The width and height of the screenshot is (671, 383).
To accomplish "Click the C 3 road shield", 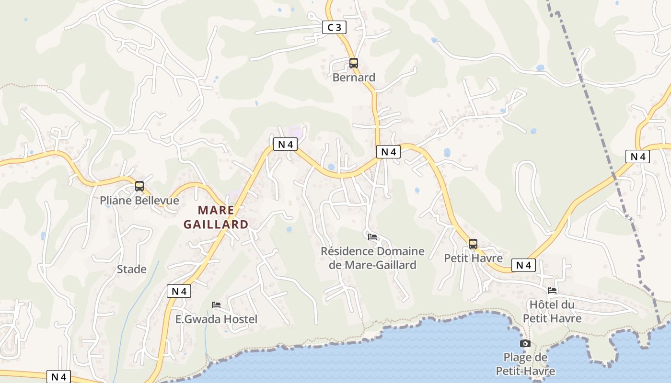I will coord(334,28).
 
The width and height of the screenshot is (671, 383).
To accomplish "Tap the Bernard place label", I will coord(354,77).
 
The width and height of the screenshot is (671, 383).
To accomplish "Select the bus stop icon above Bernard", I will coord(354,63).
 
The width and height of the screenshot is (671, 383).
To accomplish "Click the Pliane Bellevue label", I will coord(139,200).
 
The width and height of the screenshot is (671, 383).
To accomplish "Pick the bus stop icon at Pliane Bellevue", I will coord(139,186).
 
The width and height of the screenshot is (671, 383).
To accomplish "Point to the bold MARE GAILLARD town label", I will coord(216,217).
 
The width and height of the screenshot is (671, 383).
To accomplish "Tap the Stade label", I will coord(132,269).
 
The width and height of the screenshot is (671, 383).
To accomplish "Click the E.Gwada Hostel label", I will coord(216,319).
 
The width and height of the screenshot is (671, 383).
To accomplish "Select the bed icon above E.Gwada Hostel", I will coord(216,305).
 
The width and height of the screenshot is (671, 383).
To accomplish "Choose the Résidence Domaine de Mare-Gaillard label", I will coord(372,258).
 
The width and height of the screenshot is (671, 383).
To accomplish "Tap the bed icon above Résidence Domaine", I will coord(372,237).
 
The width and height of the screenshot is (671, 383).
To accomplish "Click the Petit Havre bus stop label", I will coord(473,258).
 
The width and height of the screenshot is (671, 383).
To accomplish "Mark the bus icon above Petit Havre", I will coord(473,244).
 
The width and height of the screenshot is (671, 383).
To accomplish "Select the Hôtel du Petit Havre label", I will coord(552,311).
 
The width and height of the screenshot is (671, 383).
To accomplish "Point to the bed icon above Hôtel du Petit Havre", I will coord(552,290).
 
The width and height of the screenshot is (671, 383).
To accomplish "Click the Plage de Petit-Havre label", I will coord(525,364).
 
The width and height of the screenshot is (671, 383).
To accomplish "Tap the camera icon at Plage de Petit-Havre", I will coord(525,343).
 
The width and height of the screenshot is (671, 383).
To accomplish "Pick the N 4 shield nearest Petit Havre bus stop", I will coord(523,265).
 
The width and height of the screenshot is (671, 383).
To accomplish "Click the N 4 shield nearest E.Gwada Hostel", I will coord(179,291).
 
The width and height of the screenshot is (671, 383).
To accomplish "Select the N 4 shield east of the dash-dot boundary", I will coord(637,157).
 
